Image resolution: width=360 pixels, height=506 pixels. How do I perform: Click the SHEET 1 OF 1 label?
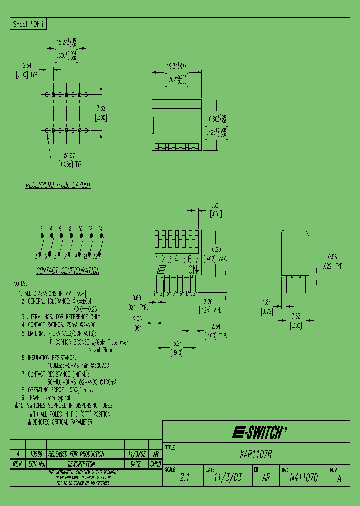[28, 24]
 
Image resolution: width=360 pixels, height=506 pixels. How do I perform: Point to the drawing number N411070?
[303, 477]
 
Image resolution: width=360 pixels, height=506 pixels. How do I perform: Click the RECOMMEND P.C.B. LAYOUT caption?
[58, 185]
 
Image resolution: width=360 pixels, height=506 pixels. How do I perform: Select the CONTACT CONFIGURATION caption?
[67, 271]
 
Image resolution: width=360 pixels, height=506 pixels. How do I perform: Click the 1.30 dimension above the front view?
[213, 205]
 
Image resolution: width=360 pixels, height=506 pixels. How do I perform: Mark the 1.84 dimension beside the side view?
[267, 301]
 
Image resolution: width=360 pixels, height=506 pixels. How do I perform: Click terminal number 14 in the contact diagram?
[100, 228]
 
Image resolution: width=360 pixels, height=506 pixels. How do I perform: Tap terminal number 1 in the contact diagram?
[36, 256]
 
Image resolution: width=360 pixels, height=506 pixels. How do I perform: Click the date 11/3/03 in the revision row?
[136, 454]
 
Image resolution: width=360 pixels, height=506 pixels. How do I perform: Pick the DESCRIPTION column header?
[84, 464]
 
